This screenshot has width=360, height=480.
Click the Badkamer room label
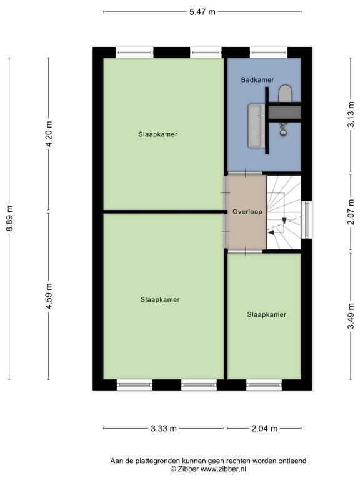point(257,80)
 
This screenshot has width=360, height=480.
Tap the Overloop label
point(247,211)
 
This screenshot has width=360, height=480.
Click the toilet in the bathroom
point(285,93)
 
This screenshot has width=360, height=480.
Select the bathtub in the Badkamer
point(256,126)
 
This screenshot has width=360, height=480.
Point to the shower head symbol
point(284,129)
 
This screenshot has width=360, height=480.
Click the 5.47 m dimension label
point(202,12)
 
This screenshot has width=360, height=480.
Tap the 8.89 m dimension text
point(10,218)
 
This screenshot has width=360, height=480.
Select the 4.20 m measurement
point(49,134)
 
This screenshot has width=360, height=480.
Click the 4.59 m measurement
point(49,296)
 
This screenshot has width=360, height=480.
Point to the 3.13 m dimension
point(351,114)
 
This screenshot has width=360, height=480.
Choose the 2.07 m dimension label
point(351,211)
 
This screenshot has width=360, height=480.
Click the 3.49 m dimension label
point(351,316)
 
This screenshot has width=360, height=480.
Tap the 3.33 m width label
point(164,428)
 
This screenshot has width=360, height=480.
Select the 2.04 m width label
point(264,428)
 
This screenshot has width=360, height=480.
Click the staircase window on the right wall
point(307,219)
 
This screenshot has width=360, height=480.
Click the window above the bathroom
point(269,52)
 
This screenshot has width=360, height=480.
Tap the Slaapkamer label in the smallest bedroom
point(267,315)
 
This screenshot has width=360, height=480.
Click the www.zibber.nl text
point(223,469)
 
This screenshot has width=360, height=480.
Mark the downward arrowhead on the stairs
point(284,221)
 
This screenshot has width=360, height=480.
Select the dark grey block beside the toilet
point(285,112)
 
